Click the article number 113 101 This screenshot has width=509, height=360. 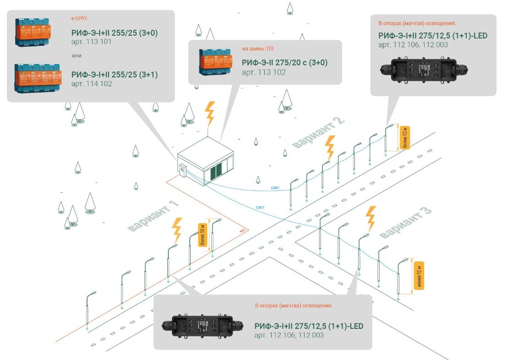coord(92,42)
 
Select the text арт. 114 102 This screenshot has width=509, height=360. coord(92,84)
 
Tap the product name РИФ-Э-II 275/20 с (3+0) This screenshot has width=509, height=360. coord(285,63)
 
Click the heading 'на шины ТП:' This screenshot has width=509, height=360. coord(258,48)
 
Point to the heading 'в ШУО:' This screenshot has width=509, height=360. coord(79,19)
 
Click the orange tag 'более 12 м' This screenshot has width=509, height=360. coord(404,138)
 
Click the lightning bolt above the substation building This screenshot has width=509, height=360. coord(210,114)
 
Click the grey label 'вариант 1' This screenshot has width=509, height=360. coord(153,216)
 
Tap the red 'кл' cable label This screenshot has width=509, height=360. coord(243,231)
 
